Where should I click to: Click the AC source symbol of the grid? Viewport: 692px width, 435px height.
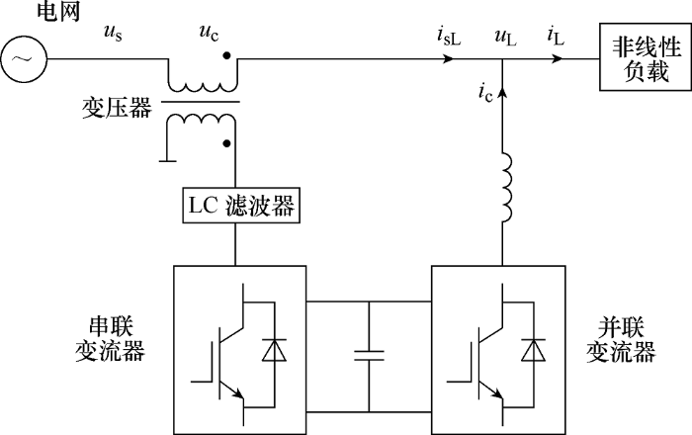click(x=22, y=60)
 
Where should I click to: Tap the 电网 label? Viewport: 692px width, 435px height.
click(x=29, y=14)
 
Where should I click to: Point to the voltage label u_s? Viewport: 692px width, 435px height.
click(x=114, y=34)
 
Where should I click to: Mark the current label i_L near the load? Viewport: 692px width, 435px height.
click(x=556, y=36)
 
